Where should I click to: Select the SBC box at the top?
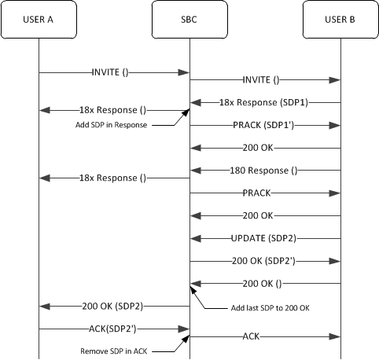tap(189, 19)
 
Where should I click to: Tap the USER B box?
tap(340, 19)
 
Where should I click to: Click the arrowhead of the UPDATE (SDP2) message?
tap(195, 237)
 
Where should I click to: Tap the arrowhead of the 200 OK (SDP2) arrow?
tap(44, 305)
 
